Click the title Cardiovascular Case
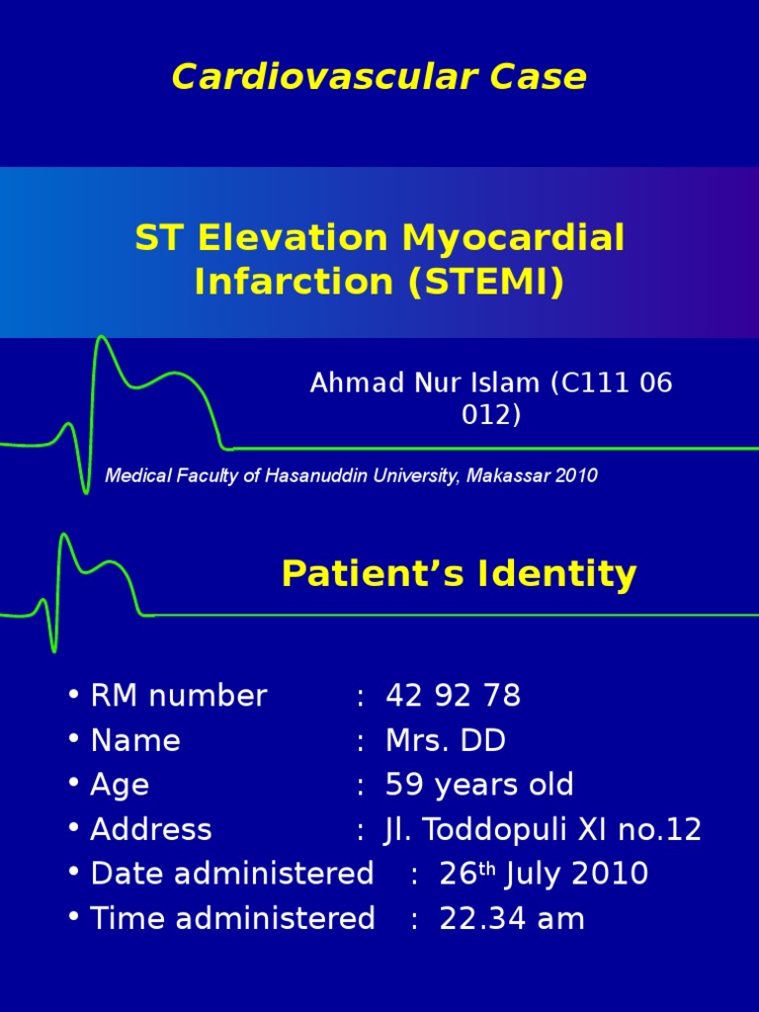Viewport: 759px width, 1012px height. (379, 76)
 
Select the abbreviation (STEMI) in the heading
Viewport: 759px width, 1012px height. (482, 283)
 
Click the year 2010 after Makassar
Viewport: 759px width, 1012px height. (576, 475)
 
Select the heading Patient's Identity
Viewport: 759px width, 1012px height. (459, 573)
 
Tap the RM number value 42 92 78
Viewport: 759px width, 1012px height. (453, 696)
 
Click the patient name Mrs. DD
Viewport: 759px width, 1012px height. (446, 740)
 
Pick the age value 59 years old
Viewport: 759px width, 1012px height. (479, 785)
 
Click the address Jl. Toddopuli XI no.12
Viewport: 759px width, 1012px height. (543, 829)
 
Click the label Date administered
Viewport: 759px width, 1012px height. (232, 874)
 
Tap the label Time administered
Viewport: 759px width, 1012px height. (232, 918)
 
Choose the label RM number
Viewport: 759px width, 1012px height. (179, 696)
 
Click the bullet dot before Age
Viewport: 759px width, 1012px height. (74, 783)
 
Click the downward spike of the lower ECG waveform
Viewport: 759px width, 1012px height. (53, 647)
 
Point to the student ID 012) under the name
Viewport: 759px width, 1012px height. (491, 415)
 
